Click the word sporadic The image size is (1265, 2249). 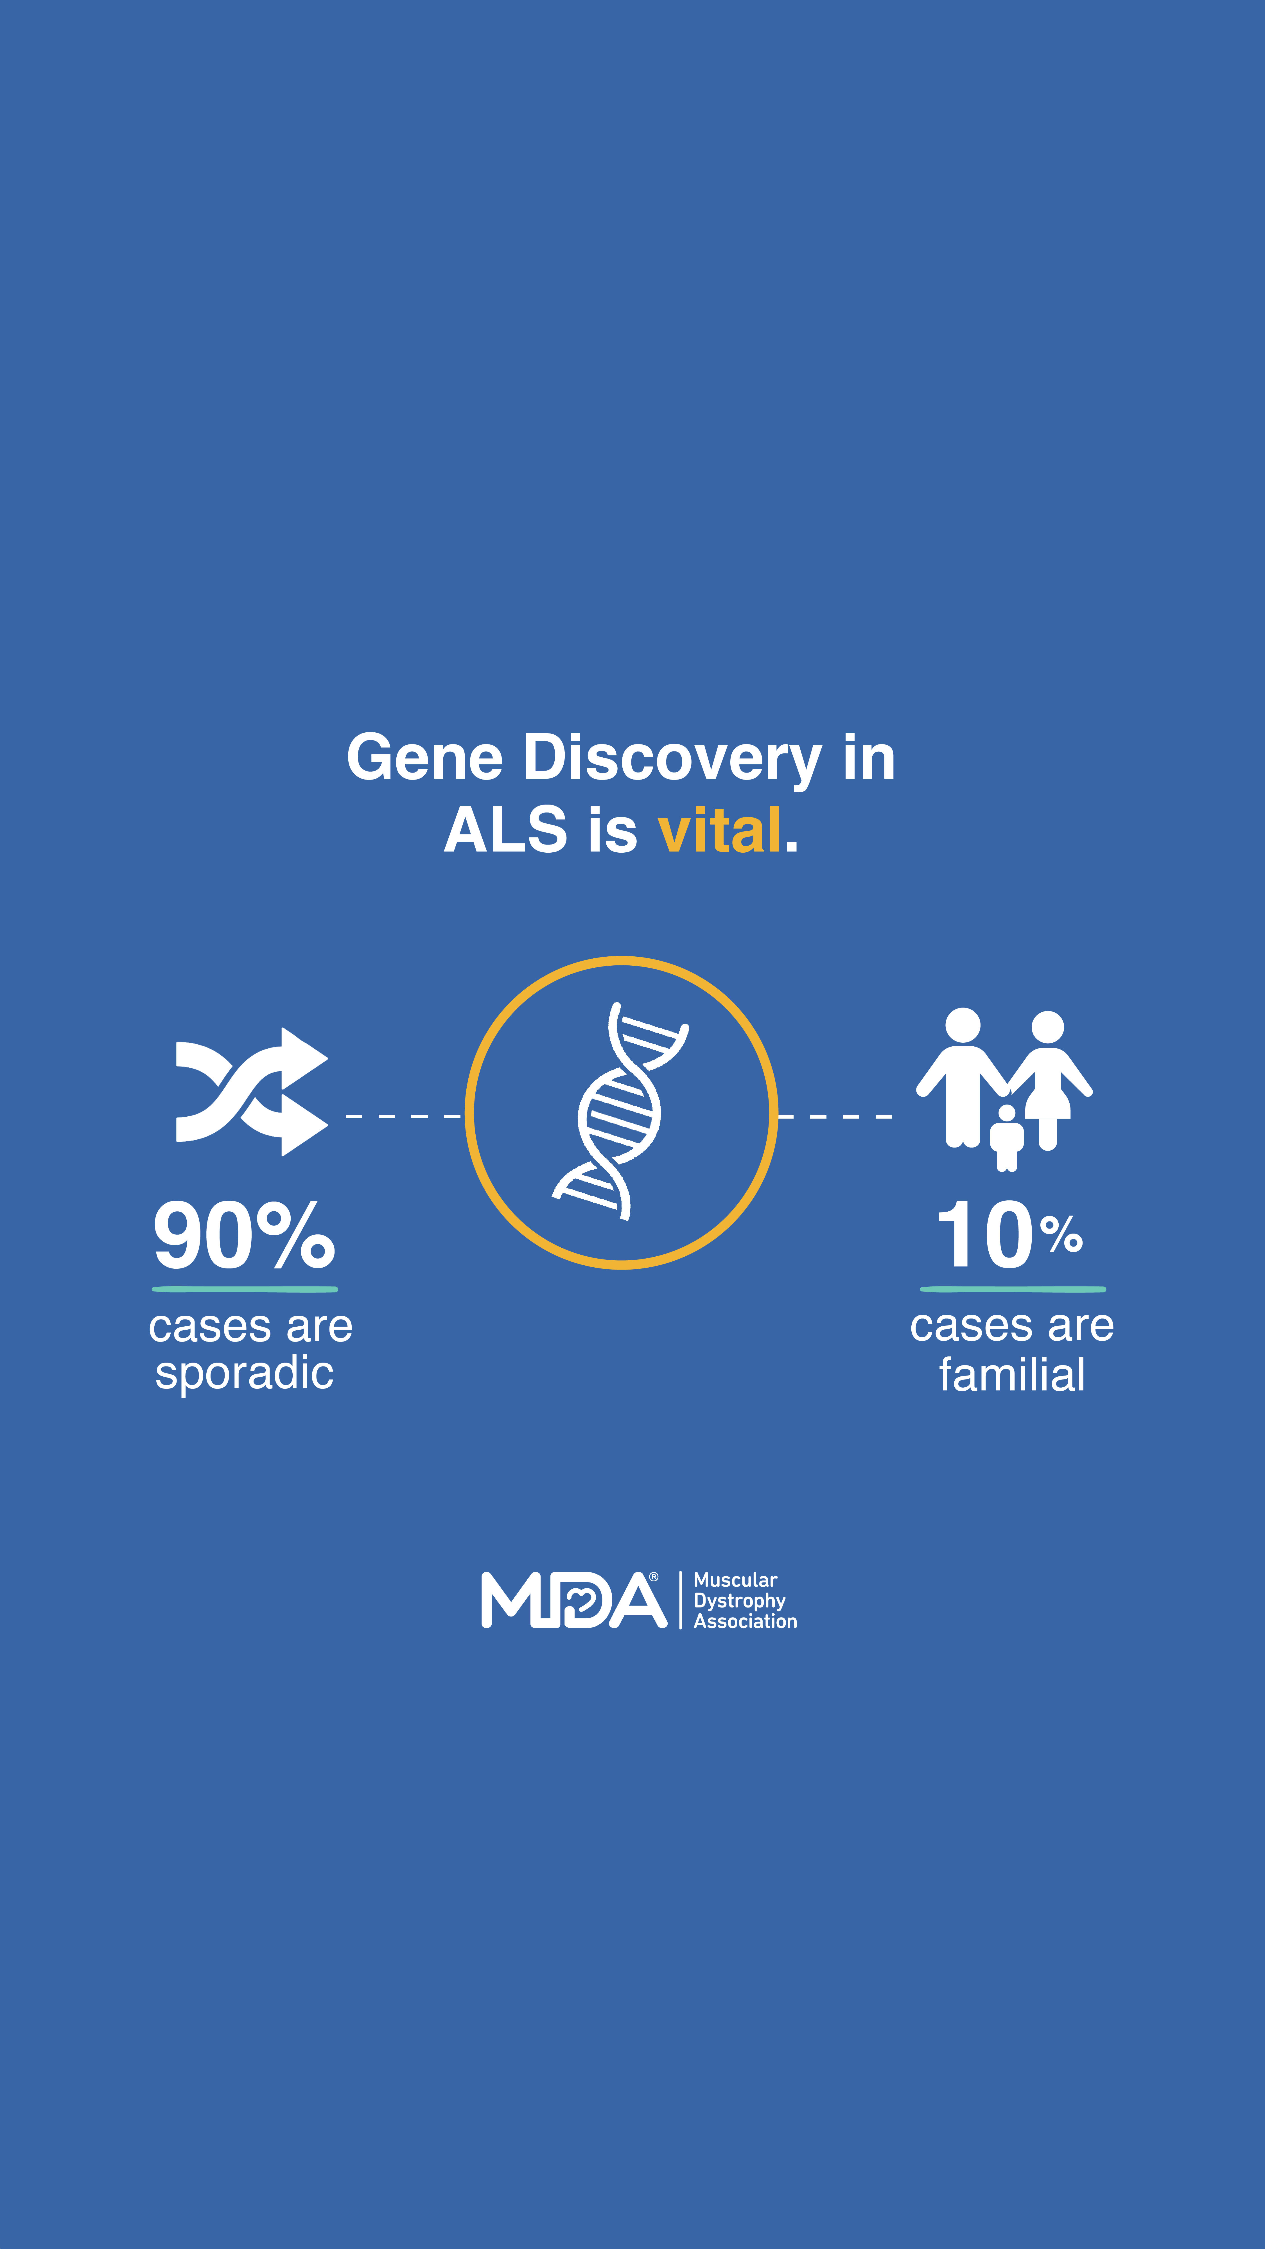[245, 1372]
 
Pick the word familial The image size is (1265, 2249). [1012, 1374]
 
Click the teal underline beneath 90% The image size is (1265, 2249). [245, 1290]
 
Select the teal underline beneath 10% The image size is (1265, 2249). [1013, 1290]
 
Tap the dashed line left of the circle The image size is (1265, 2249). [403, 1116]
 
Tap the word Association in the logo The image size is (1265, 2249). [746, 1621]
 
